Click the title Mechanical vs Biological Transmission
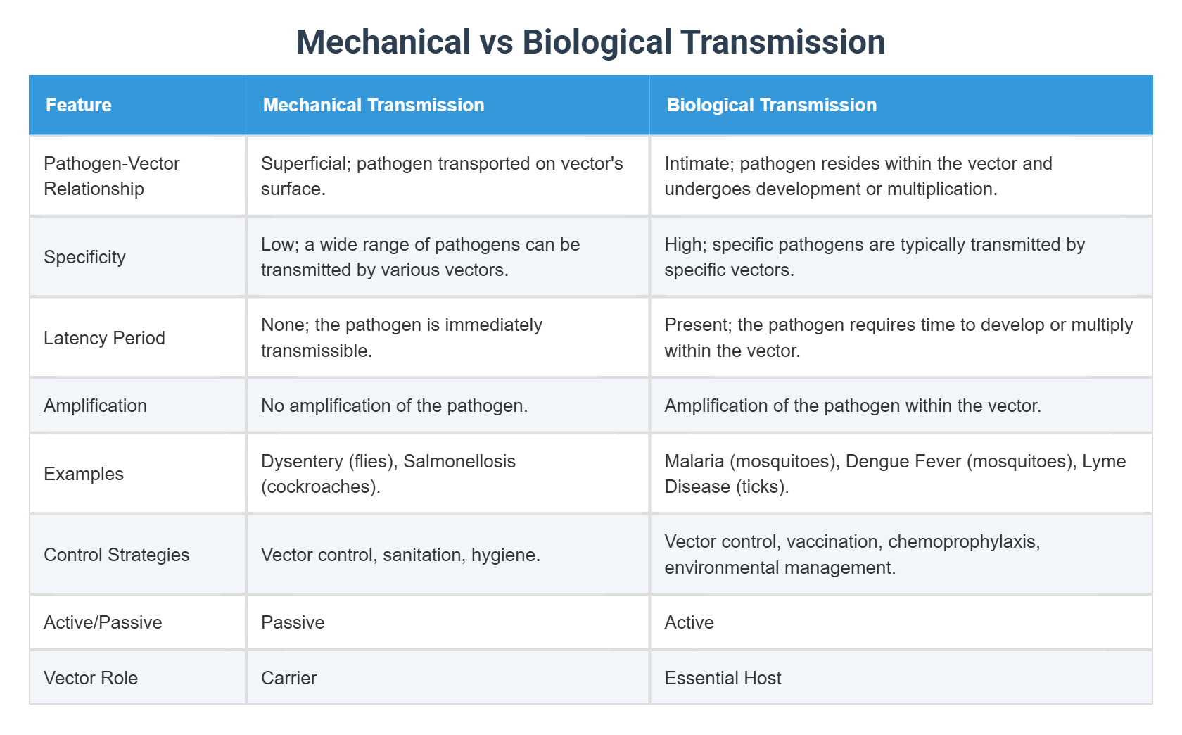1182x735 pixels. pyautogui.click(x=590, y=42)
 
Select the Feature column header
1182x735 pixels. pyautogui.click(x=79, y=105)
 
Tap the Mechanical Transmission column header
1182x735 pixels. pyautogui.click(x=373, y=105)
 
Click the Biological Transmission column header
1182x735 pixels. pyautogui.click(x=771, y=105)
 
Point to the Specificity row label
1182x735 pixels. pyautogui.click(x=84, y=257)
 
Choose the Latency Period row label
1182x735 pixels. pyautogui.click(x=104, y=338)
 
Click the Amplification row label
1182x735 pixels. pyautogui.click(x=95, y=406)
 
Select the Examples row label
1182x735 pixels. pyautogui.click(x=83, y=474)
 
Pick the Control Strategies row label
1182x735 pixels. pyautogui.click(x=116, y=555)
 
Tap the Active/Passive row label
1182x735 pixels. pyautogui.click(x=103, y=622)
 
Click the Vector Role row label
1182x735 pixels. pyautogui.click(x=91, y=678)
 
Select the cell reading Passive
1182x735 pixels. pyautogui.click(x=293, y=622)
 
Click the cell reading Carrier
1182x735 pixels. pyautogui.click(x=288, y=678)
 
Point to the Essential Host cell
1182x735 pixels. pyautogui.click(x=723, y=678)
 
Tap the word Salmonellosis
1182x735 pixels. pyautogui.click(x=459, y=461)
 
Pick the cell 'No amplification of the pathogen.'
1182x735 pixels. pyautogui.click(x=394, y=406)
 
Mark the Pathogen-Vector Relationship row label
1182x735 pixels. pyautogui.click(x=111, y=176)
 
